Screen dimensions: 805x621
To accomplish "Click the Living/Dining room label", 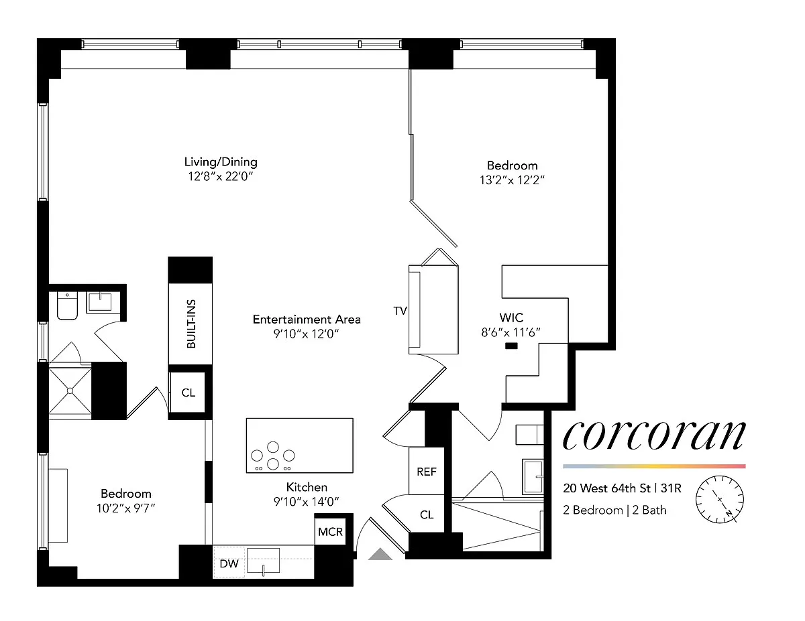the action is click(x=221, y=162).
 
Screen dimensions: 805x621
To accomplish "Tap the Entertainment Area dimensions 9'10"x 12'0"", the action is click(x=307, y=334).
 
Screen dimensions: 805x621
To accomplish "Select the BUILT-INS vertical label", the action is click(x=191, y=324).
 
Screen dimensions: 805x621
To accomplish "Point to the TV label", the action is click(x=400, y=311).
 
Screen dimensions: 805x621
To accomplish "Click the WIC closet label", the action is click(x=511, y=318).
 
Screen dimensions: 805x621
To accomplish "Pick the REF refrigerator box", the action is click(x=427, y=471).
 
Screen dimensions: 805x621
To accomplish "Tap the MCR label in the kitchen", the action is click(x=331, y=532).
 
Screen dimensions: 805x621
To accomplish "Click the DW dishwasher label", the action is click(x=229, y=563).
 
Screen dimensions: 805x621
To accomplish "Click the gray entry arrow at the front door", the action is click(x=380, y=554).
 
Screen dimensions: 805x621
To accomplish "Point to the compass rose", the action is click(x=719, y=500).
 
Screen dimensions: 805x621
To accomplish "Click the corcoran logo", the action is click(x=654, y=435).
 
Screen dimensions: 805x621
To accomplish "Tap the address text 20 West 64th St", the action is click(x=607, y=488).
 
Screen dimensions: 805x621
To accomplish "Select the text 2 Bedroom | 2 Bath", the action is click(x=614, y=510).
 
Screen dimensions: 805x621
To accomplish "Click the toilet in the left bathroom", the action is click(x=67, y=305).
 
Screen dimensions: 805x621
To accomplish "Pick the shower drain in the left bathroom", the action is click(x=70, y=391).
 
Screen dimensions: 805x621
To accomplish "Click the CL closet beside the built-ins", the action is click(x=188, y=393).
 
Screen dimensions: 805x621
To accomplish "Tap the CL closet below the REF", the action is click(x=427, y=514).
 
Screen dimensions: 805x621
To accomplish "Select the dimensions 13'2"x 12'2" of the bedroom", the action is click(x=512, y=180).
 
